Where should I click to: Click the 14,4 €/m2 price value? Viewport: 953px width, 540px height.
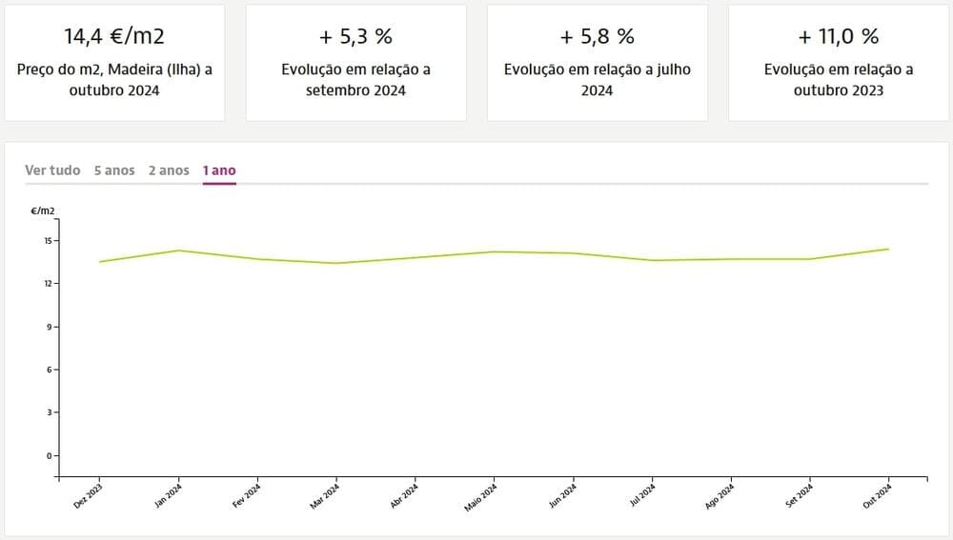point(114,37)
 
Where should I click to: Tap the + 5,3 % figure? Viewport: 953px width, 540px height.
point(356,37)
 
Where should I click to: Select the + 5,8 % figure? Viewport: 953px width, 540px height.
point(598,37)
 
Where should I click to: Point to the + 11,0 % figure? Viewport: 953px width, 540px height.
point(839,37)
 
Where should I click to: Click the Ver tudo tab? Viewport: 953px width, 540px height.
point(52,170)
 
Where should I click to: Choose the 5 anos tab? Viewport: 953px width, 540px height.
point(114,170)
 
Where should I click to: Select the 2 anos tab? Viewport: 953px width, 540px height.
point(169,170)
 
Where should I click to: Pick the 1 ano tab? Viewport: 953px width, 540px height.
point(219,170)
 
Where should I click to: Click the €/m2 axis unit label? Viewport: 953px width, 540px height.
point(43,210)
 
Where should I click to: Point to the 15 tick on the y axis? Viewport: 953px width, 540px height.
point(47,240)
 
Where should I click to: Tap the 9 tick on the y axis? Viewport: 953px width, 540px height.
point(50,327)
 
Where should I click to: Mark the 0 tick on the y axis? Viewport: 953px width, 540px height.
point(50,455)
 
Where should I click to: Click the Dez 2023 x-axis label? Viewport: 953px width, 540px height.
point(89,497)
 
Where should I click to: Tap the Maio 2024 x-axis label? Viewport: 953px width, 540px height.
point(481,497)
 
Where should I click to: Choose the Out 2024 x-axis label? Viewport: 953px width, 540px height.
point(878,497)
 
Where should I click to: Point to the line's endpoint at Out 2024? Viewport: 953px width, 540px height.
point(889,250)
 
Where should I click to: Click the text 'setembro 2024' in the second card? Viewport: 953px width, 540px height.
point(356,90)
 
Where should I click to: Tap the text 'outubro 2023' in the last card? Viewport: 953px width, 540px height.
point(839,90)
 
